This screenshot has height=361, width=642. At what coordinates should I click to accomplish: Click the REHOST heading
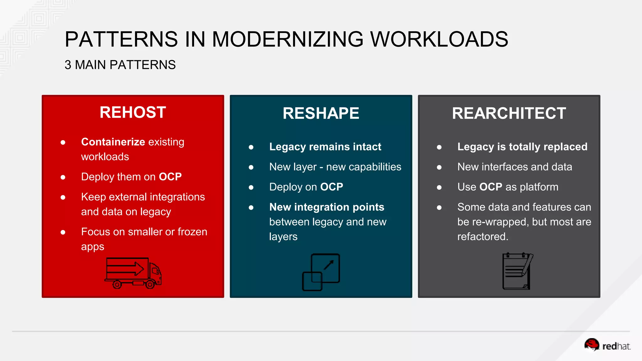133,112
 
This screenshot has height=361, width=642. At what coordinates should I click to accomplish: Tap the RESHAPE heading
321,113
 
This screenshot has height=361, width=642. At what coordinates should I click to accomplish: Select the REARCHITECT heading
509,113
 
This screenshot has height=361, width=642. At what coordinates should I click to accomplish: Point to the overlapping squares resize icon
321,272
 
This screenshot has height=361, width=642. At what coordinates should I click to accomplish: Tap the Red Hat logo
607,346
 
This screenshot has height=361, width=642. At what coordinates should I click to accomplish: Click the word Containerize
113,142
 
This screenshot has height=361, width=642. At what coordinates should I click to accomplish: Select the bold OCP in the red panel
170,177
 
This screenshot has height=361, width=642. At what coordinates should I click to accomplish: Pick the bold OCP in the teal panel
332,187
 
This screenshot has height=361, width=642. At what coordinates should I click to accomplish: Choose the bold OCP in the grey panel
491,187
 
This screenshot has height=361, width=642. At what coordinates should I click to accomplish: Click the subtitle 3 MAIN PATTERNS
120,65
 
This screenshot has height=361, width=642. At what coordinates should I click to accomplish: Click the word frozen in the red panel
192,232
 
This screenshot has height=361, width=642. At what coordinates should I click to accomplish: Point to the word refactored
483,237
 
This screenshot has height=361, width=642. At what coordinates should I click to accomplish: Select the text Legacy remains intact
325,147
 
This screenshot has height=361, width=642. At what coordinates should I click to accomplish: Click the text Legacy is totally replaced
522,147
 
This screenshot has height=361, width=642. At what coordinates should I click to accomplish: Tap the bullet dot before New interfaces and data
439,167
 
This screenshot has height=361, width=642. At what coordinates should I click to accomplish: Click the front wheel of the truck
150,285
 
